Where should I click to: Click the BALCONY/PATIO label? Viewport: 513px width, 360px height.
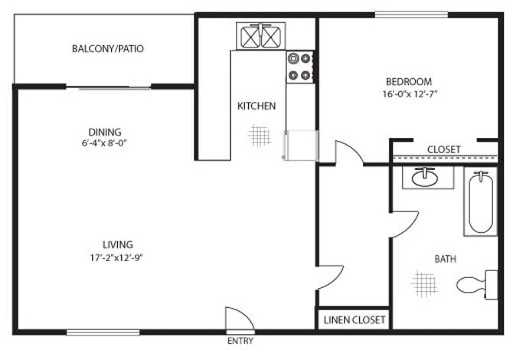[x=107, y=49]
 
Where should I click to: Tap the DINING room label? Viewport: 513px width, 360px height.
[x=105, y=132]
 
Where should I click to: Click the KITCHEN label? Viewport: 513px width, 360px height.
[x=256, y=106]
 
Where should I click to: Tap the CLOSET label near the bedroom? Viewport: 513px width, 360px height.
[x=443, y=149]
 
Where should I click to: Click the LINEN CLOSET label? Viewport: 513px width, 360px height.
[x=354, y=319]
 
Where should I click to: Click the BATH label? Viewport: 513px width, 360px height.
[x=446, y=260]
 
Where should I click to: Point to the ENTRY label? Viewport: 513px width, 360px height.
[x=240, y=341]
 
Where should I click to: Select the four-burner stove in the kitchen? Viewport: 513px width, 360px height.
[x=300, y=67]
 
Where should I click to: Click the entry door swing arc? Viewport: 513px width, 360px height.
[x=233, y=319]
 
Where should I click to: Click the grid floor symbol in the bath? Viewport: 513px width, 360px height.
[x=424, y=283]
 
